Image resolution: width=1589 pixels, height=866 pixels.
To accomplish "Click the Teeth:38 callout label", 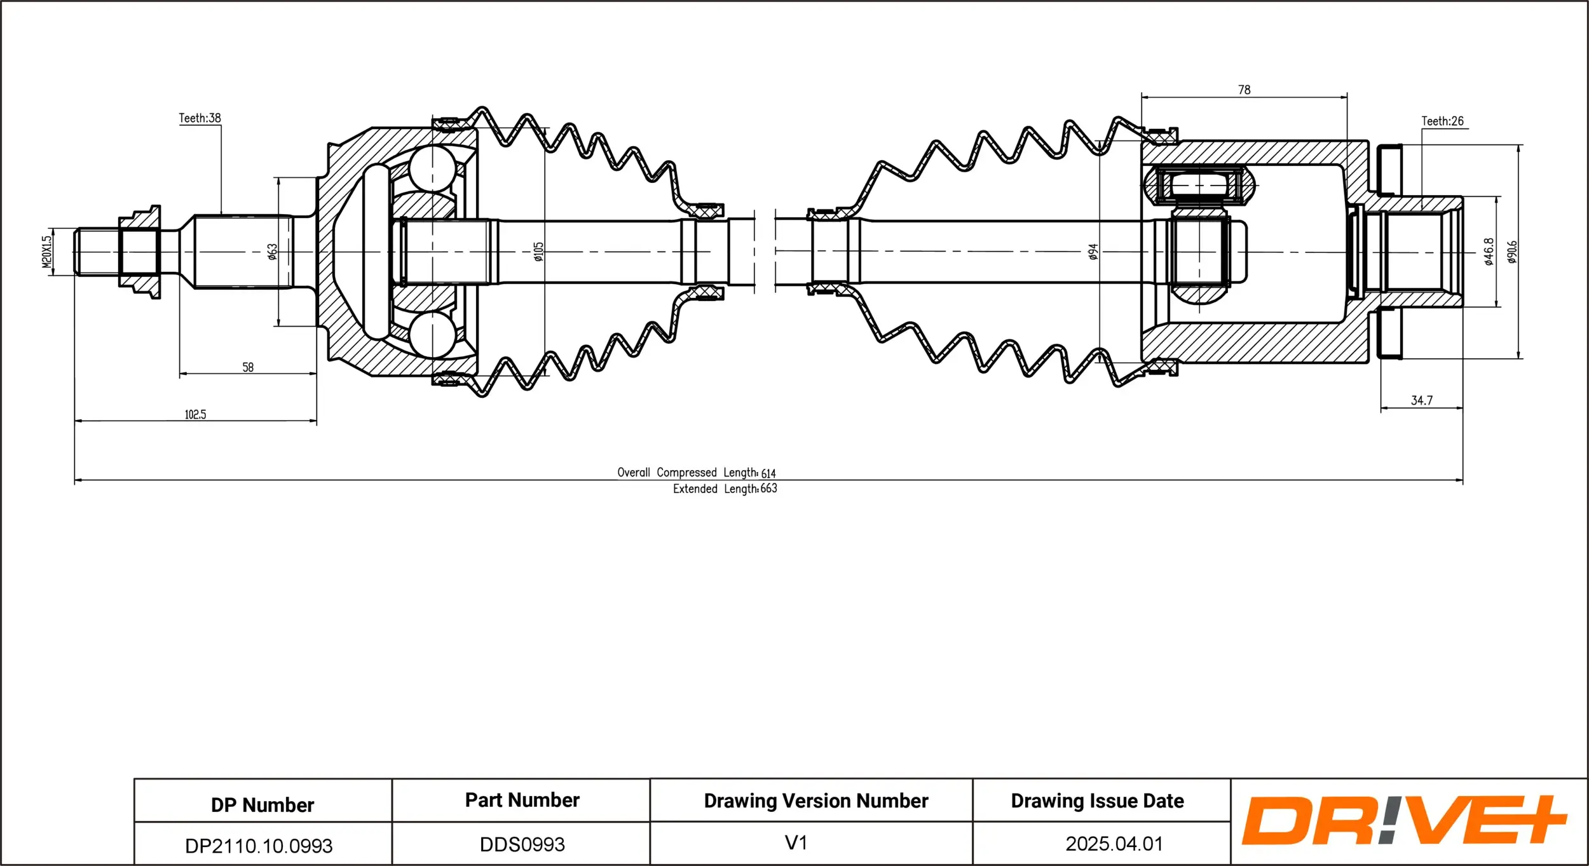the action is coord(200,118).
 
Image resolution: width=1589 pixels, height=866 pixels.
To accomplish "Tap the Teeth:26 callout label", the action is coord(1442,121).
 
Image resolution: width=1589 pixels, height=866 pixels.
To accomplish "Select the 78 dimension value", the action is coord(1244,90).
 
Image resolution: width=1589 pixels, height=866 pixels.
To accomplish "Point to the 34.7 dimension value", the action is coord(1422,400).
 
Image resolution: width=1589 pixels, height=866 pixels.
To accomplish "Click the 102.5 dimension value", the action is coord(195,414).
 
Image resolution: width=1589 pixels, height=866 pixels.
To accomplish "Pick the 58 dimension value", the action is coord(248,367).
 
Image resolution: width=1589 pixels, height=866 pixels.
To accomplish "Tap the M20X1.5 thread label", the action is coord(46,252).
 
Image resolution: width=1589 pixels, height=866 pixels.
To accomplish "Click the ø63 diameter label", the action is coord(273,252).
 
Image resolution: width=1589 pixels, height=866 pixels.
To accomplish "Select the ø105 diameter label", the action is coord(538,252).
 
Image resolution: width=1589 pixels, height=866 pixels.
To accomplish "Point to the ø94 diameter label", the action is coord(1093,252).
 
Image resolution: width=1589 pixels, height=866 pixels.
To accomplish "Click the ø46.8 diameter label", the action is coord(1489,252).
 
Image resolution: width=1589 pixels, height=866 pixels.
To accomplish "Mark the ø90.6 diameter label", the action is coord(1512,252).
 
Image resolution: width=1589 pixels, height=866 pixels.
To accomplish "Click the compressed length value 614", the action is coord(768,473).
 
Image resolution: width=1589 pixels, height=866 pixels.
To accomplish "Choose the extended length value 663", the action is coord(768,489).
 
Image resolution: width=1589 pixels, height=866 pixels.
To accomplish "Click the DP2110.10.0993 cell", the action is coord(259,846).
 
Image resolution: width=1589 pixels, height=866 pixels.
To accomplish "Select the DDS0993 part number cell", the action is coord(522,844).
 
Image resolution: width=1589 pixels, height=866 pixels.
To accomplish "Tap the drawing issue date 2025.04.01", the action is coord(1114,844).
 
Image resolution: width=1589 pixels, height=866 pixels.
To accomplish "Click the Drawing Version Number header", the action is coord(816,801).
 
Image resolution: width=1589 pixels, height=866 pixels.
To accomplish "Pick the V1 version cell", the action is coord(796,843).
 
